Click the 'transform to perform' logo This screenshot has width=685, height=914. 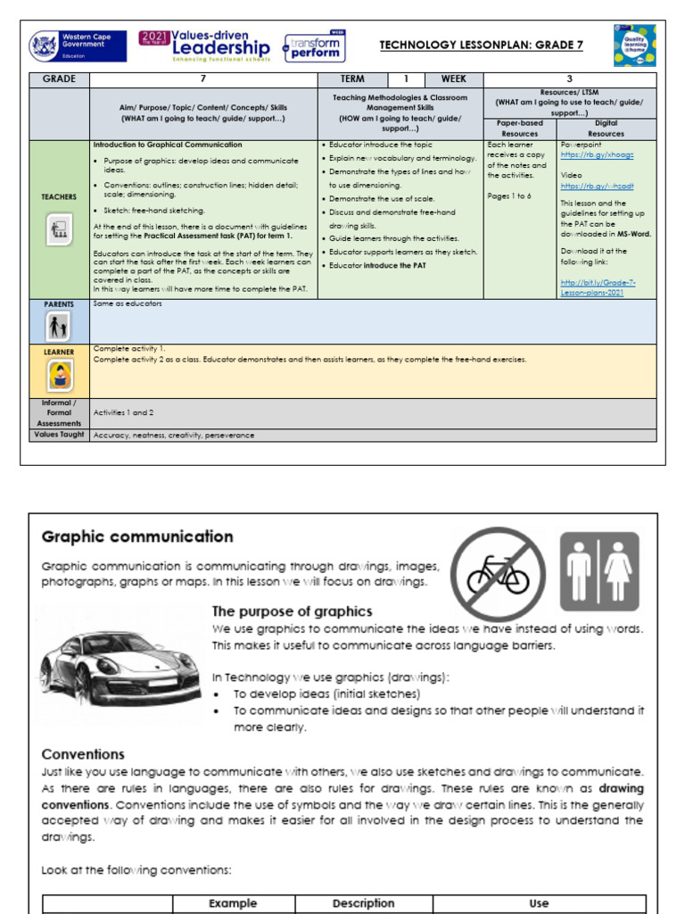click(313, 47)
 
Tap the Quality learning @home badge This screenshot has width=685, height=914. click(634, 46)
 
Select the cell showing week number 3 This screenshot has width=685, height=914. click(570, 79)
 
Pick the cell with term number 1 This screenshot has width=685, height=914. click(406, 79)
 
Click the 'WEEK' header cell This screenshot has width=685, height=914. click(453, 79)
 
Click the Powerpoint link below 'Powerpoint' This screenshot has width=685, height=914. click(584, 154)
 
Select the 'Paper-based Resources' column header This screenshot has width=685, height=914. click(519, 128)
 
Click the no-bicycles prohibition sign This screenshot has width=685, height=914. click(498, 572)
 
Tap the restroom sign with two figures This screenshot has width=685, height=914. click(598, 566)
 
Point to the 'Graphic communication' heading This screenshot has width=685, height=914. click(137, 536)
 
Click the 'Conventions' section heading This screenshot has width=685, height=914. click(83, 754)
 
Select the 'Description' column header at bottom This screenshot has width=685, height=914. click(363, 903)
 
